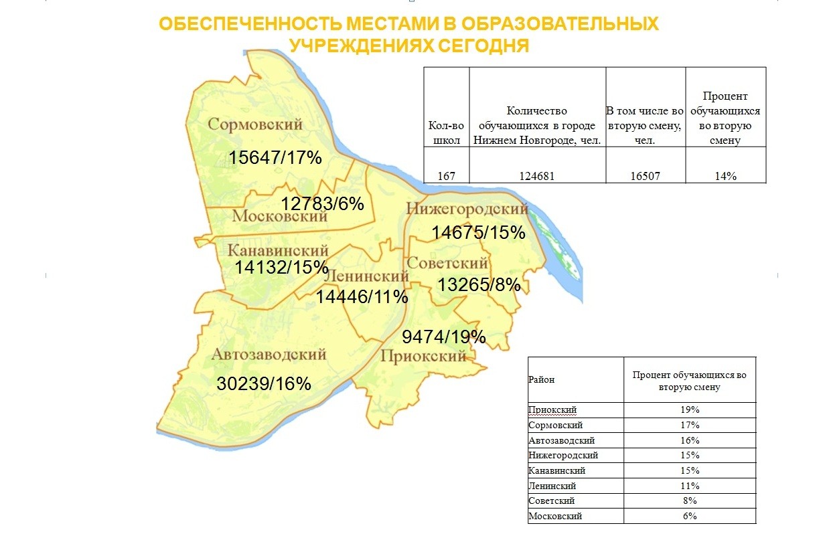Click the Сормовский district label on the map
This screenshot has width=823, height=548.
[255, 124]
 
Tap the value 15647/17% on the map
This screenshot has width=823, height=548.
[276, 158]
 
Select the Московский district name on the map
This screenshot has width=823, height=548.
[280, 216]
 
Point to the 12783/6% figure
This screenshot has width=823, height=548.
[322, 203]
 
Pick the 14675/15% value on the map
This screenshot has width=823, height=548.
[478, 233]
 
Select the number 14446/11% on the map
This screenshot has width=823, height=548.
[362, 296]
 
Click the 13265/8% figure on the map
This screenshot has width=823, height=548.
[479, 285]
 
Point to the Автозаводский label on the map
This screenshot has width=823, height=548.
[269, 355]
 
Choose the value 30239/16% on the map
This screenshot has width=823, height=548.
[264, 384]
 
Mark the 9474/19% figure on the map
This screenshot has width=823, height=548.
[443, 337]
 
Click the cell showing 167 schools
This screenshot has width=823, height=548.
[447, 176]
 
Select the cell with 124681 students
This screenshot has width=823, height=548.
[537, 176]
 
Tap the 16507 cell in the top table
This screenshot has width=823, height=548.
[645, 176]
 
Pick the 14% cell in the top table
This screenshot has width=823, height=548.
[725, 176]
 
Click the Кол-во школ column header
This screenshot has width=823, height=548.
[447, 132]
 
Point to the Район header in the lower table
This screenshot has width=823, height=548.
[541, 380]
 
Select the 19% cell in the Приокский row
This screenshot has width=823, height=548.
[689, 409]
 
